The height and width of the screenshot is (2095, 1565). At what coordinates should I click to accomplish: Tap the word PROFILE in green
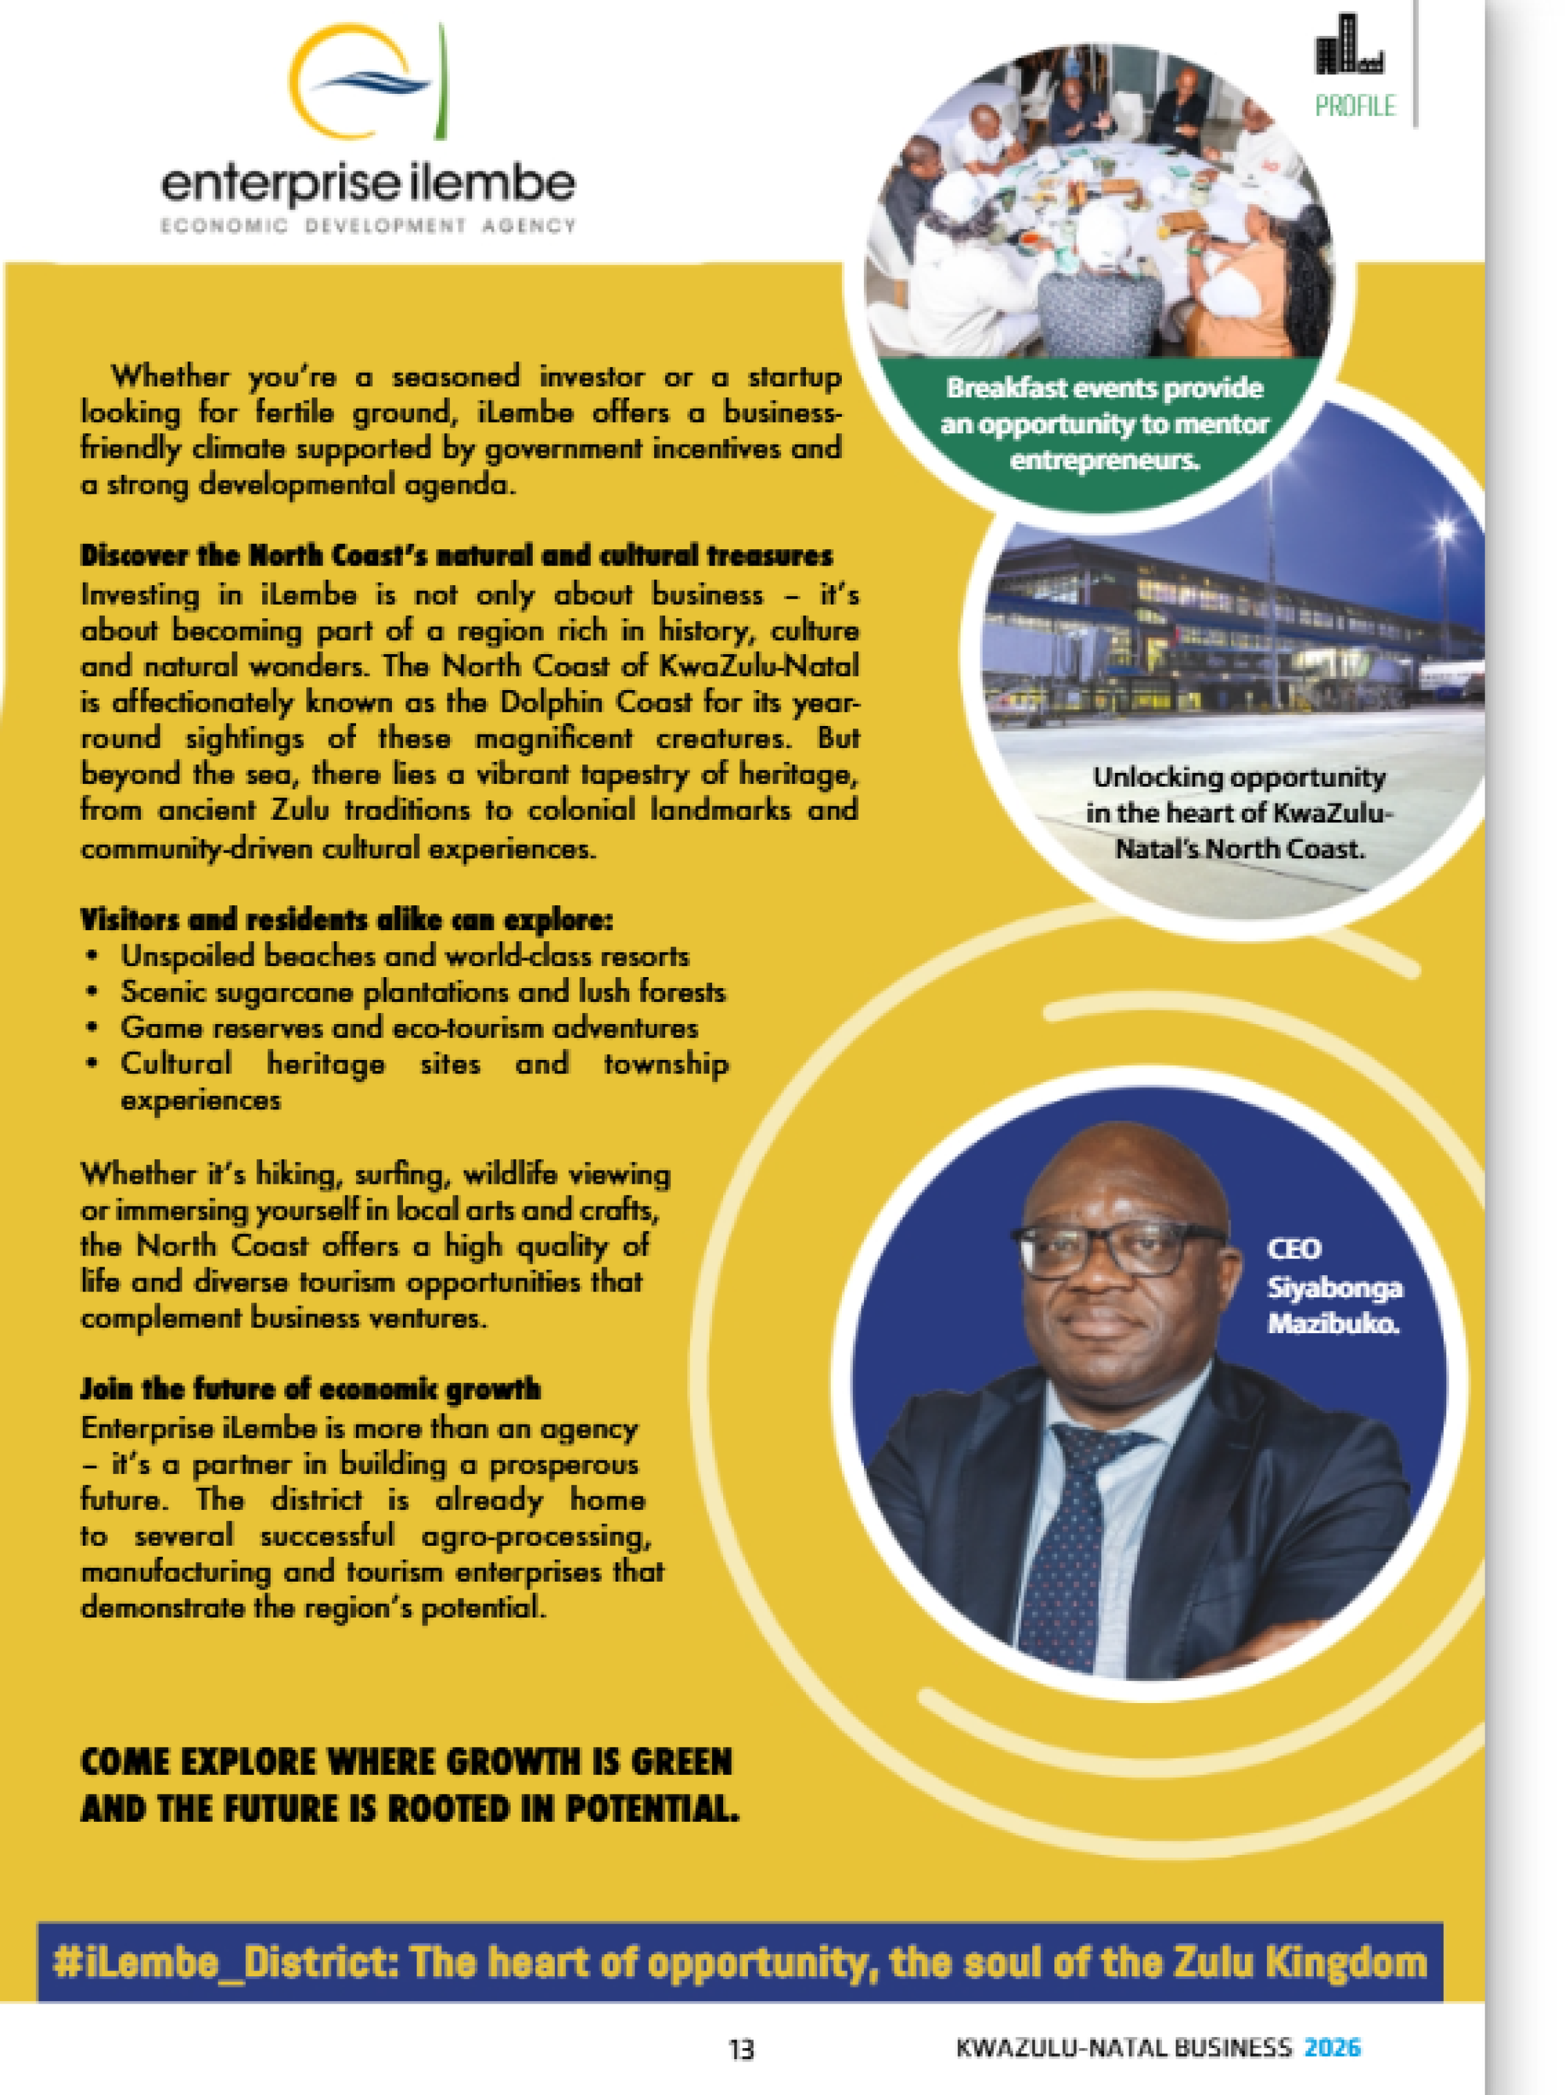click(x=1354, y=105)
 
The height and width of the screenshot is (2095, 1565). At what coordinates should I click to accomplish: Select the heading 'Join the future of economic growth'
click(x=310, y=1389)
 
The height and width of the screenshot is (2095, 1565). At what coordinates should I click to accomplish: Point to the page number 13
click(x=741, y=2049)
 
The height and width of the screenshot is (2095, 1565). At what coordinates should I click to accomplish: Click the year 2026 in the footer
click(x=1332, y=2047)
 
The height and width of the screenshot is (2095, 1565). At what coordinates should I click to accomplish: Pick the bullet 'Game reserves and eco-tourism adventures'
click(x=408, y=1028)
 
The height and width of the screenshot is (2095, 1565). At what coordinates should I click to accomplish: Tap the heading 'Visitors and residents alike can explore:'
click(x=346, y=920)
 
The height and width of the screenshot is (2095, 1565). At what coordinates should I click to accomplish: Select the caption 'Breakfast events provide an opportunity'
click(x=1104, y=423)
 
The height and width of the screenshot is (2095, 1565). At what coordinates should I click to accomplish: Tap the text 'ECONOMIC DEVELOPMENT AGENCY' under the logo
click(x=367, y=226)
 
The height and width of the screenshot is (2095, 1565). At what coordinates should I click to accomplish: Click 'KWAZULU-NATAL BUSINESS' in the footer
click(x=1123, y=2047)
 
